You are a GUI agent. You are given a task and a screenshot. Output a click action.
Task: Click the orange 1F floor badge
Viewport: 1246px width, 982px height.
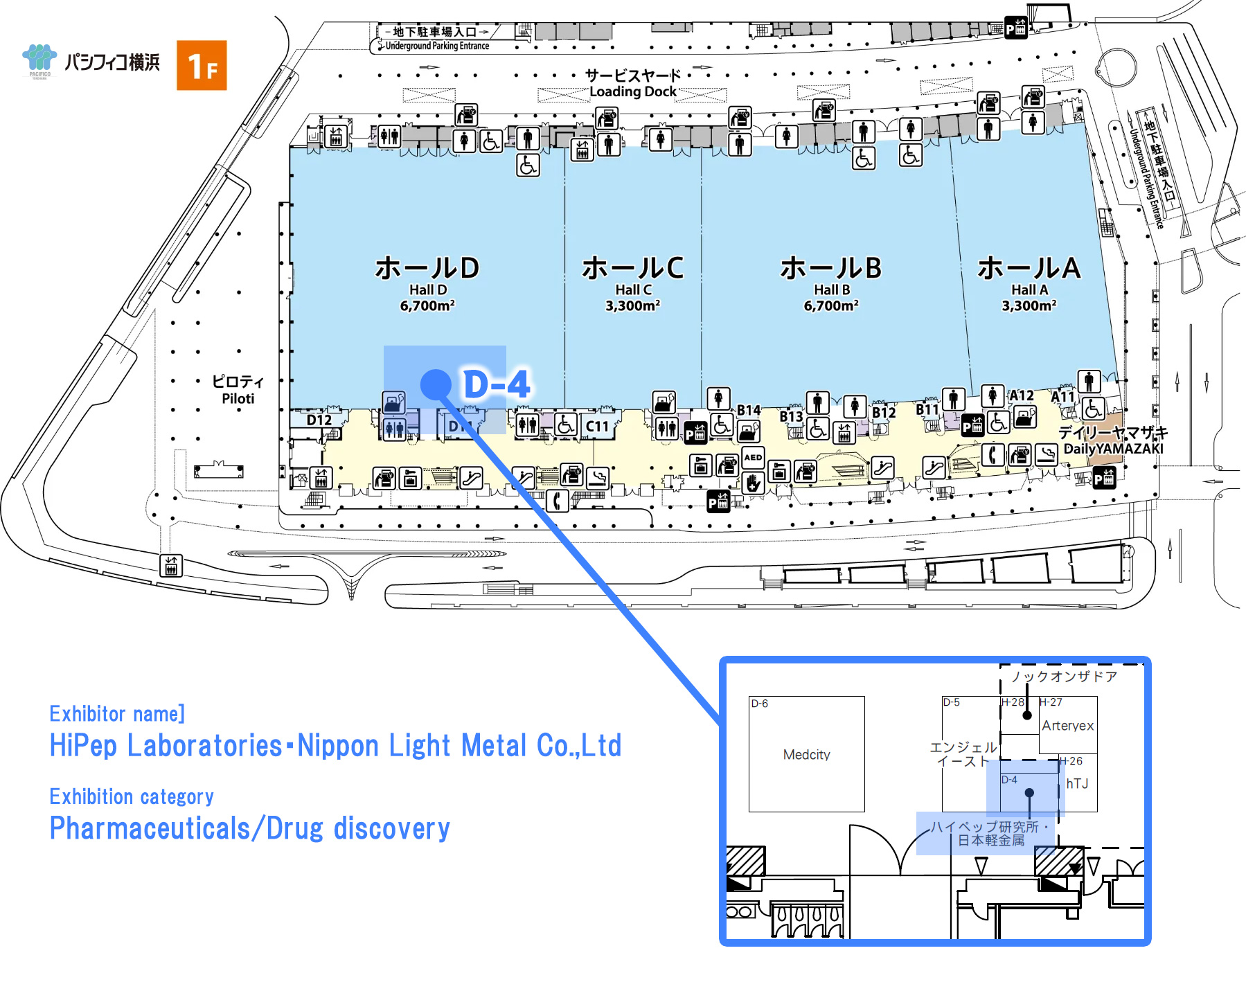pos(202,66)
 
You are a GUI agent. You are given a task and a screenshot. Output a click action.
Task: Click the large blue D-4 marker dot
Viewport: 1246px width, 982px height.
pos(436,384)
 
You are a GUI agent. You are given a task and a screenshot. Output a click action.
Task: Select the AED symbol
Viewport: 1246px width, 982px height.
pos(753,458)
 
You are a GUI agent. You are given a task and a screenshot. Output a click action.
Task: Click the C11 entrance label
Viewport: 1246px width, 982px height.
pos(597,427)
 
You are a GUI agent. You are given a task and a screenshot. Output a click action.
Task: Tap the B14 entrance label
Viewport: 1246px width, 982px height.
pos(749,411)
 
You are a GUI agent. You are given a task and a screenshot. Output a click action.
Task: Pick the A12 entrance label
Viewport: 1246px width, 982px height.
pos(1021,395)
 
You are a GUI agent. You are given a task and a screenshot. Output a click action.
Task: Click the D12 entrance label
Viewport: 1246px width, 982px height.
pos(319,420)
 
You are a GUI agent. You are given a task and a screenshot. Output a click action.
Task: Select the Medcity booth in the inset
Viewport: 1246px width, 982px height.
pos(806,755)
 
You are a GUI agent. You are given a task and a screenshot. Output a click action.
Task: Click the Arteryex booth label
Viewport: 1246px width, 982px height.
pos(1067,726)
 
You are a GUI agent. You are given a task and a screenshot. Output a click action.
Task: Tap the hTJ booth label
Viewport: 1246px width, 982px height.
pos(1077,784)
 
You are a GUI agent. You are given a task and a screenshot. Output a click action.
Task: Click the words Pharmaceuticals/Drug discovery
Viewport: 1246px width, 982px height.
pos(250,829)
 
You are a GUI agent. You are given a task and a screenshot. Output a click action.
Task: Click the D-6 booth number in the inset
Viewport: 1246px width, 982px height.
pos(760,704)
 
